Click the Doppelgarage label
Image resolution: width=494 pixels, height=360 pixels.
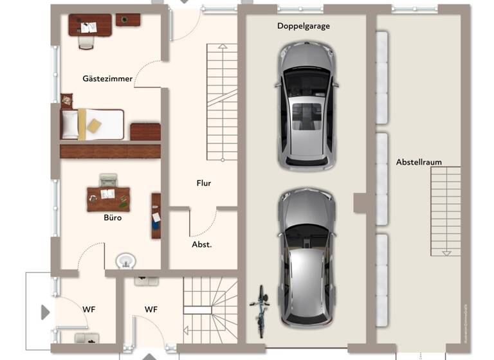click(x=304, y=26)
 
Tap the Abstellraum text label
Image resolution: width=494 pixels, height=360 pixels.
click(x=419, y=162)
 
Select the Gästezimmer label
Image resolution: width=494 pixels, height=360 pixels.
click(x=107, y=78)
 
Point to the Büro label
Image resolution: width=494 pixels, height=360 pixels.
click(x=113, y=217)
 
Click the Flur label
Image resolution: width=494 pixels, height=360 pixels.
click(x=204, y=183)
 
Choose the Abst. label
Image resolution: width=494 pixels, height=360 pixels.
click(x=202, y=244)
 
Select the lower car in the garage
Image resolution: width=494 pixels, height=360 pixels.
click(x=307, y=257)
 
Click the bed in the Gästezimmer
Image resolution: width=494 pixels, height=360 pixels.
click(x=93, y=123)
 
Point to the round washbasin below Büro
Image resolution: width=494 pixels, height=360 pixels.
click(x=126, y=261)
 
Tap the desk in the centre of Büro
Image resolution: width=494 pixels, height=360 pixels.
click(x=108, y=199)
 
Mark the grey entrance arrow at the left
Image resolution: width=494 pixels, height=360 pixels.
click(x=45, y=312)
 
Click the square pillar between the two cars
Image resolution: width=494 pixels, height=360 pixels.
click(x=360, y=203)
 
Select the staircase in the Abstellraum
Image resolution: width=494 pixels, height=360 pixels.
click(x=445, y=211)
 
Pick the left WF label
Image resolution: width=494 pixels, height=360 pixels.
click(x=89, y=309)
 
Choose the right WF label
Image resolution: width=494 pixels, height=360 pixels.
click(x=151, y=309)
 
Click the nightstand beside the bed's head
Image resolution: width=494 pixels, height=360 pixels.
click(x=66, y=100)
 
